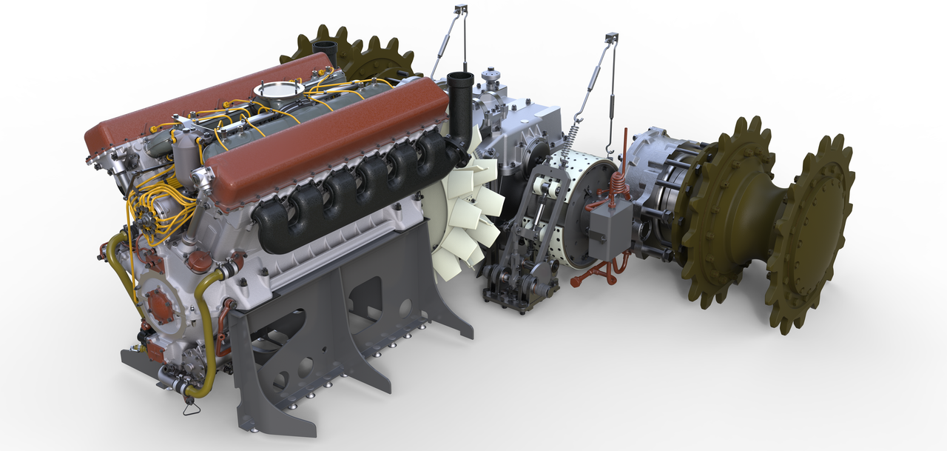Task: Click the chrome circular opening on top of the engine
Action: point(278,90)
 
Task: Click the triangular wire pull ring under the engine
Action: point(191,407)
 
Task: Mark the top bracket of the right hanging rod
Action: point(611,38)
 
